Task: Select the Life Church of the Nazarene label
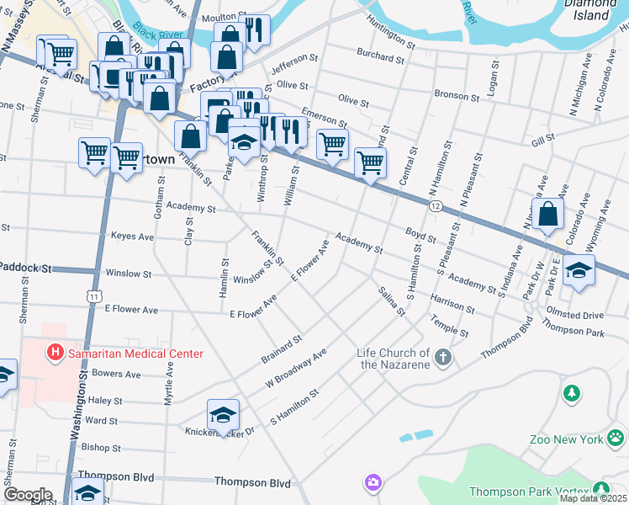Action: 393,359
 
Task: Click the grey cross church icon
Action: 444,359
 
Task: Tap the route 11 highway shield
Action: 93,296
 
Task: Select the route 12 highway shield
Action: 434,205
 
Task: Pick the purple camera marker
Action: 373,483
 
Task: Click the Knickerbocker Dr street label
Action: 219,431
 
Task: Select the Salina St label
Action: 392,300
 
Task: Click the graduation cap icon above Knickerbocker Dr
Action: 223,415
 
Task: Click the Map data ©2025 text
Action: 593,498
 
